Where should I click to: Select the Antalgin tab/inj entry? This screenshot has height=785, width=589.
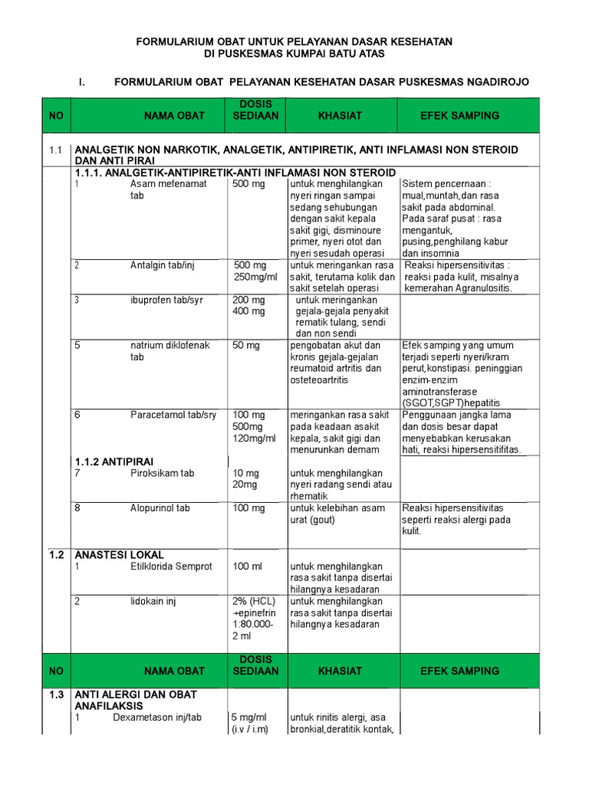(163, 265)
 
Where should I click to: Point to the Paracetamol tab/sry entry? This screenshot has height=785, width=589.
(173, 415)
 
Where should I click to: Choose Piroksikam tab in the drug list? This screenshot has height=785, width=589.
(162, 473)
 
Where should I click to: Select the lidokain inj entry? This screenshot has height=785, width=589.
(153, 602)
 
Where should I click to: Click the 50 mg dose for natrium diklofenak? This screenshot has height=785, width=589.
(246, 346)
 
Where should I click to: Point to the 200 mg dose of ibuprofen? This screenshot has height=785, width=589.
(248, 300)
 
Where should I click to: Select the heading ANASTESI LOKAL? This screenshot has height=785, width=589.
(119, 555)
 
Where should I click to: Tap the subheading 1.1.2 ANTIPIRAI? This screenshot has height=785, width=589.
(114, 461)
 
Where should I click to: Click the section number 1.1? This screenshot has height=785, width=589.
(54, 149)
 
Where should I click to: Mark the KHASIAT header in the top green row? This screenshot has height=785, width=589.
(340, 116)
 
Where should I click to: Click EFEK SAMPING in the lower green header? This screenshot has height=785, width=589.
(459, 671)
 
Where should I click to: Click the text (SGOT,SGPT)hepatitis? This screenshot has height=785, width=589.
(451, 402)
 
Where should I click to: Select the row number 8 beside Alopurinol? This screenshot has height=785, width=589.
(77, 508)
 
